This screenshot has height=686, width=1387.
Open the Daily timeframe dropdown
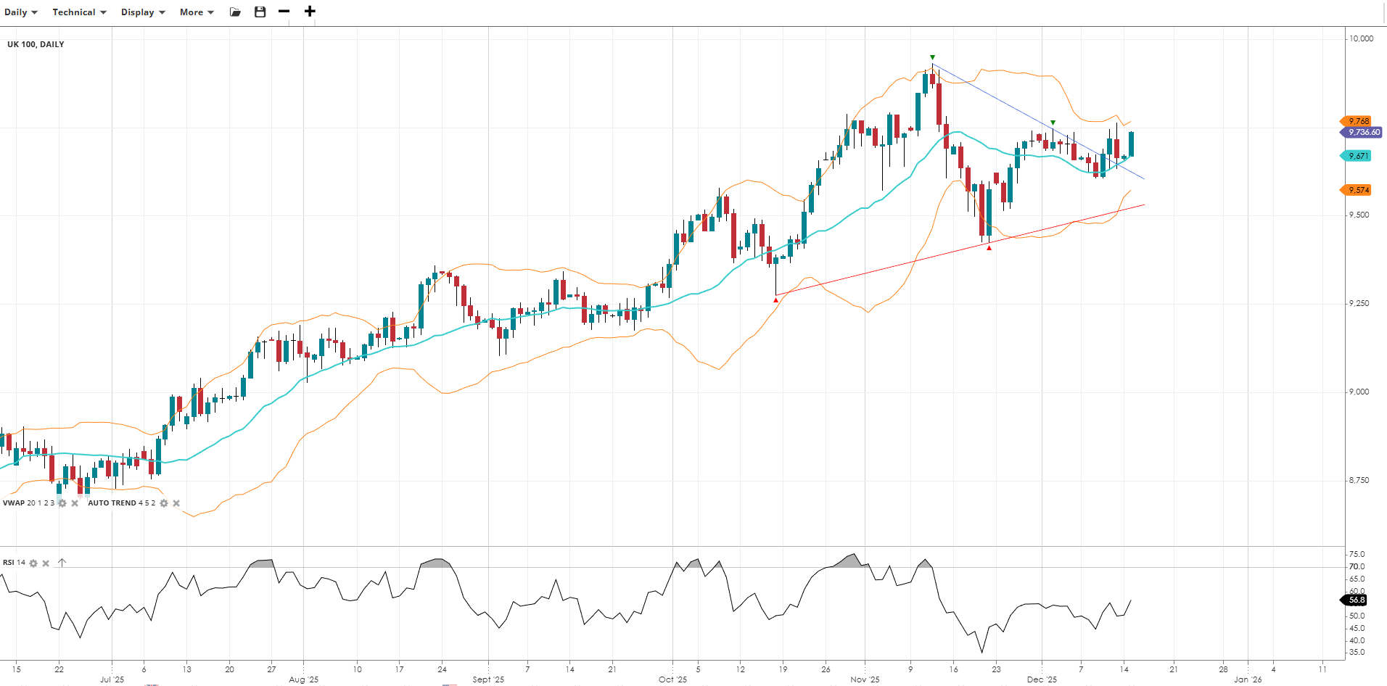point(20,12)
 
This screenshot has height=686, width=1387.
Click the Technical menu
point(79,12)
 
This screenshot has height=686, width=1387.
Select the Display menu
point(143,12)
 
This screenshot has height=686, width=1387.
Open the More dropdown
point(197,12)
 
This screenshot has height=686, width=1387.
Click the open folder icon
point(235,12)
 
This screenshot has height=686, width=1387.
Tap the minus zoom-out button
point(284,12)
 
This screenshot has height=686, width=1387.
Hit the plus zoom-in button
point(310,12)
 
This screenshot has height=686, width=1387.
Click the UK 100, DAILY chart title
point(36,44)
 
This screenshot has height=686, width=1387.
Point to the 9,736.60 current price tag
point(1362,133)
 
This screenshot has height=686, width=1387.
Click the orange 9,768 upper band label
point(1358,121)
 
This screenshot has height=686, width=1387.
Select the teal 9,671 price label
point(1358,156)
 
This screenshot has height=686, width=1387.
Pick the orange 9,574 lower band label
point(1358,190)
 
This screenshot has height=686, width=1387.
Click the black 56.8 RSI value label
point(1356,600)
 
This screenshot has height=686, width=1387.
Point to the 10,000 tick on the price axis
point(1360,38)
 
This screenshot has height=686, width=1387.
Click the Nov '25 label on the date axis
point(865,679)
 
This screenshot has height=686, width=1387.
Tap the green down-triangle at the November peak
point(933,57)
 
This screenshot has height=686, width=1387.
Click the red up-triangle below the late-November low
point(989,248)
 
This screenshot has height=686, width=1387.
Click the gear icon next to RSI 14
point(33,563)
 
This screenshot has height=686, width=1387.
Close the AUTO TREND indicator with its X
point(176,503)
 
